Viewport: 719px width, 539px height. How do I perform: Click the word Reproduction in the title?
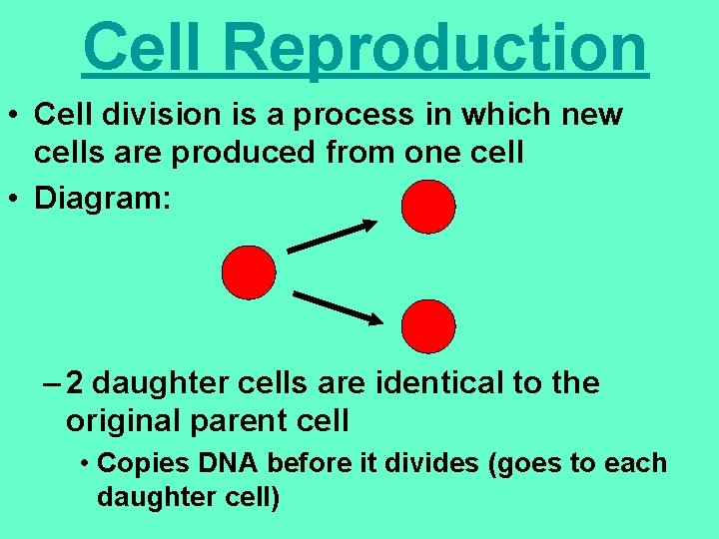point(434,47)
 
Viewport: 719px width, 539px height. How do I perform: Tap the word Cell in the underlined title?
point(146,47)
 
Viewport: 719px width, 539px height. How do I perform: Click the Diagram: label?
point(103,197)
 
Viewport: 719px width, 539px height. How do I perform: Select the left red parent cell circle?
point(248,272)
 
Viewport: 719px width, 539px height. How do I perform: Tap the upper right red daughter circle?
point(427,207)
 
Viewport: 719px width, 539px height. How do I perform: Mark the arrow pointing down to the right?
point(337,307)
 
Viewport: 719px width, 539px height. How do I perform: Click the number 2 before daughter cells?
point(76,382)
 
